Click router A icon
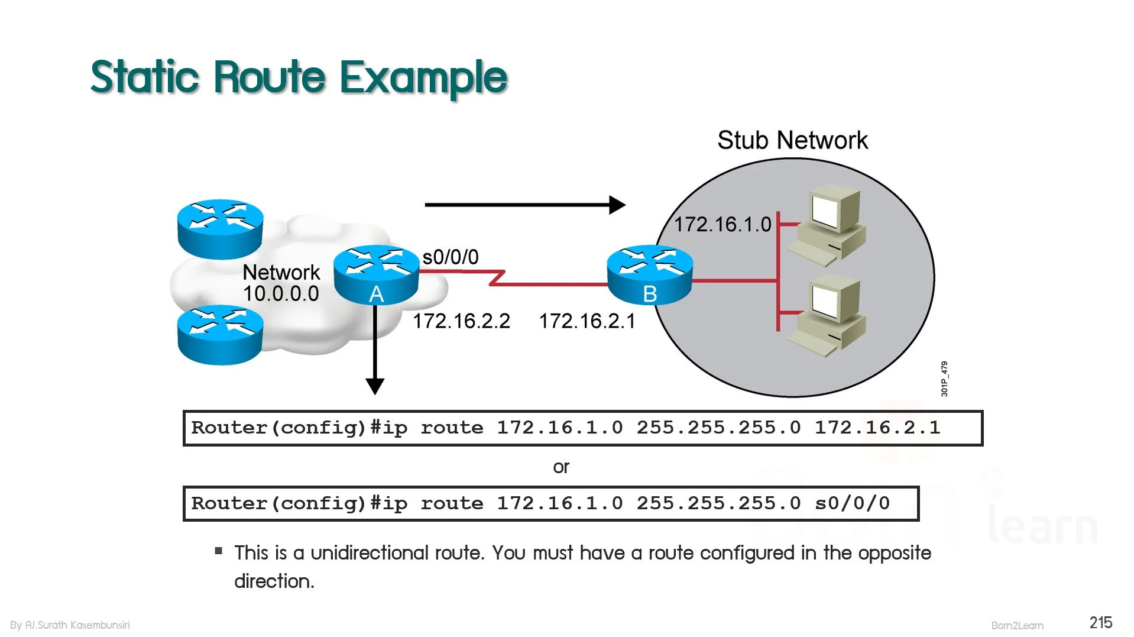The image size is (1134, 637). click(x=376, y=274)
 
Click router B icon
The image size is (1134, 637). click(x=650, y=274)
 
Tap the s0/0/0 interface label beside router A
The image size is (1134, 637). click(x=451, y=257)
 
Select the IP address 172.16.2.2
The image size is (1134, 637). click(x=461, y=321)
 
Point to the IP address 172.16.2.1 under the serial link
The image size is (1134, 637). click(x=587, y=321)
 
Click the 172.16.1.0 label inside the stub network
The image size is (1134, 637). click(x=722, y=224)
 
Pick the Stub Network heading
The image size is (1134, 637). click(x=792, y=140)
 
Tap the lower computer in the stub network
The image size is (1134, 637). click(x=828, y=316)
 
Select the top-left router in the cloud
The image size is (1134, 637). click(x=220, y=229)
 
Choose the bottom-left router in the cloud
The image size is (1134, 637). click(x=220, y=335)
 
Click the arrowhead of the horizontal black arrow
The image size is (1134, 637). click(x=617, y=205)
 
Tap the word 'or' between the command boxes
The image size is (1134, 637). click(x=561, y=467)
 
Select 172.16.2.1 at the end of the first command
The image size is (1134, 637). click(x=877, y=427)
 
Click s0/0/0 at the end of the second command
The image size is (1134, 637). click(x=852, y=503)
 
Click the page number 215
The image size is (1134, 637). click(x=1101, y=622)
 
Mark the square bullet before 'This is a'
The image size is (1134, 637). click(x=219, y=551)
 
